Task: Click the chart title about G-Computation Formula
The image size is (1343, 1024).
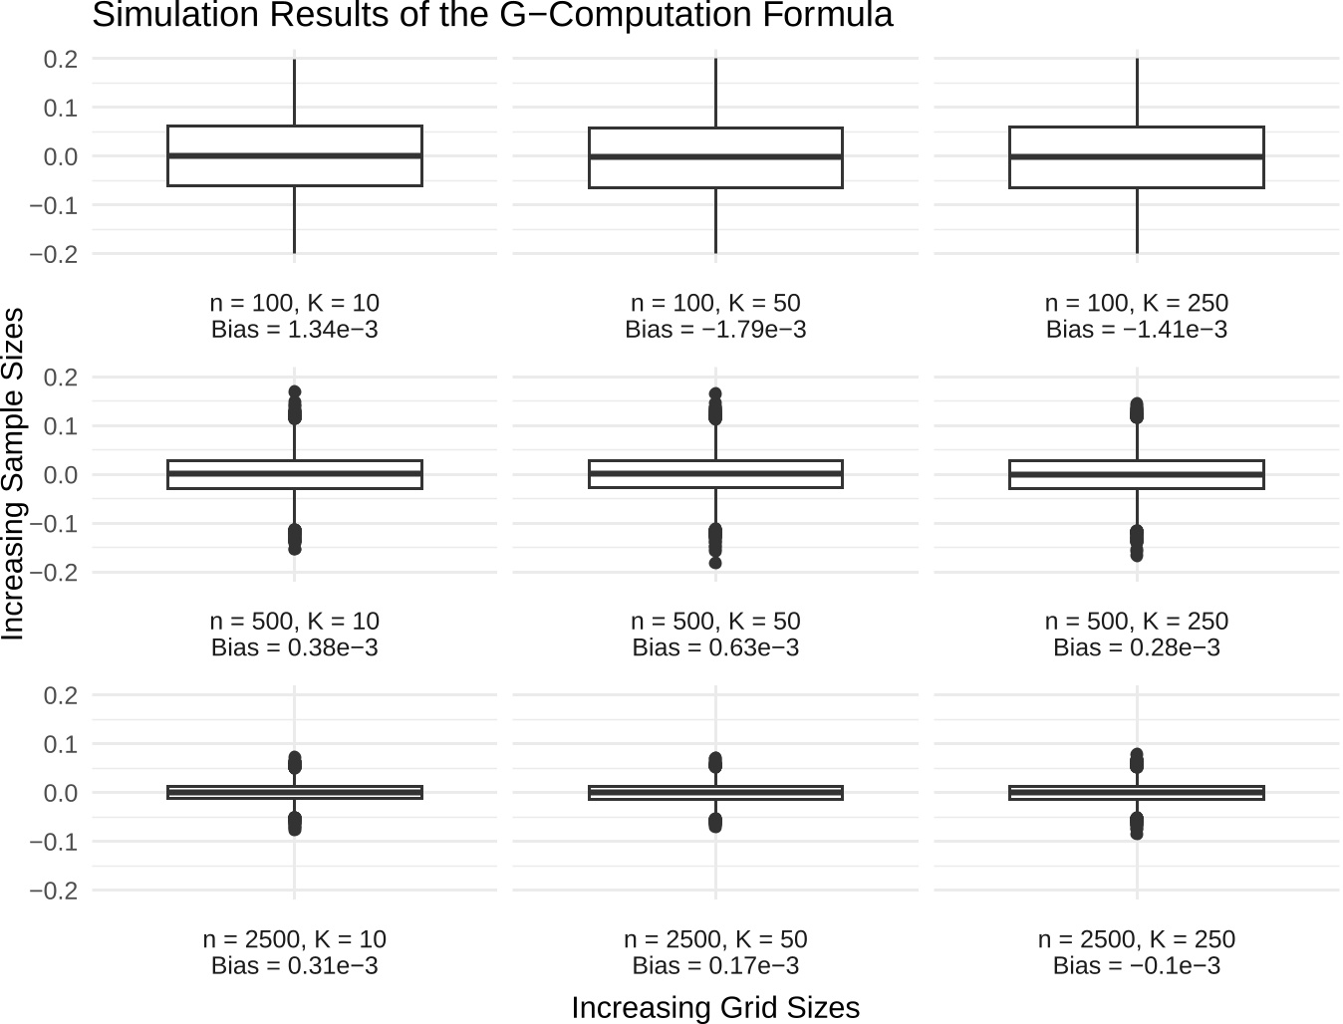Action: coord(492,15)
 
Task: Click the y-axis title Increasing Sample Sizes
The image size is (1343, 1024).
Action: coord(13,473)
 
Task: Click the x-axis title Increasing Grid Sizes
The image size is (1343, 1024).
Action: coord(715,1007)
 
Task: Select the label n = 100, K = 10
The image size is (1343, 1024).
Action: coord(294,303)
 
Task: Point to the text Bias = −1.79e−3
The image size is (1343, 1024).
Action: coord(715,330)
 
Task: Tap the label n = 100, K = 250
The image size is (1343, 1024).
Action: coord(1136,303)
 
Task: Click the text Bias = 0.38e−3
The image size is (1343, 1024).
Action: coord(294,647)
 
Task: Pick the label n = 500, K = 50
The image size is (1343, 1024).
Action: coord(715,621)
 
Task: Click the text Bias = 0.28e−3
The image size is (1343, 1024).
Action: coord(1136,647)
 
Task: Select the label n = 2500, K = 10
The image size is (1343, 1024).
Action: coord(294,939)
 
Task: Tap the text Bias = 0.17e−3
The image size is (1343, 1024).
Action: coord(715,966)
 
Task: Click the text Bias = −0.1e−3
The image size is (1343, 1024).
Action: coord(1136,966)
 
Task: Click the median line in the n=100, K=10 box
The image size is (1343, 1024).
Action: coord(294,155)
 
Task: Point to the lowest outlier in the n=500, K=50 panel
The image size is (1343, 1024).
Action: coord(715,563)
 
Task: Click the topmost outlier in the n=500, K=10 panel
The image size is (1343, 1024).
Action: coord(294,392)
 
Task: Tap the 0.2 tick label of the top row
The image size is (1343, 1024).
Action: coord(61,59)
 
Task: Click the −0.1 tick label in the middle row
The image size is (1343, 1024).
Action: coord(54,524)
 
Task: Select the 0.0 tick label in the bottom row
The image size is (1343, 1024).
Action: coord(61,793)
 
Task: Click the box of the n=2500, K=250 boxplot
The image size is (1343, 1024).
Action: coord(1136,793)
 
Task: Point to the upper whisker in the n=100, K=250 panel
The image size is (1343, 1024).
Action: coord(1137,93)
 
